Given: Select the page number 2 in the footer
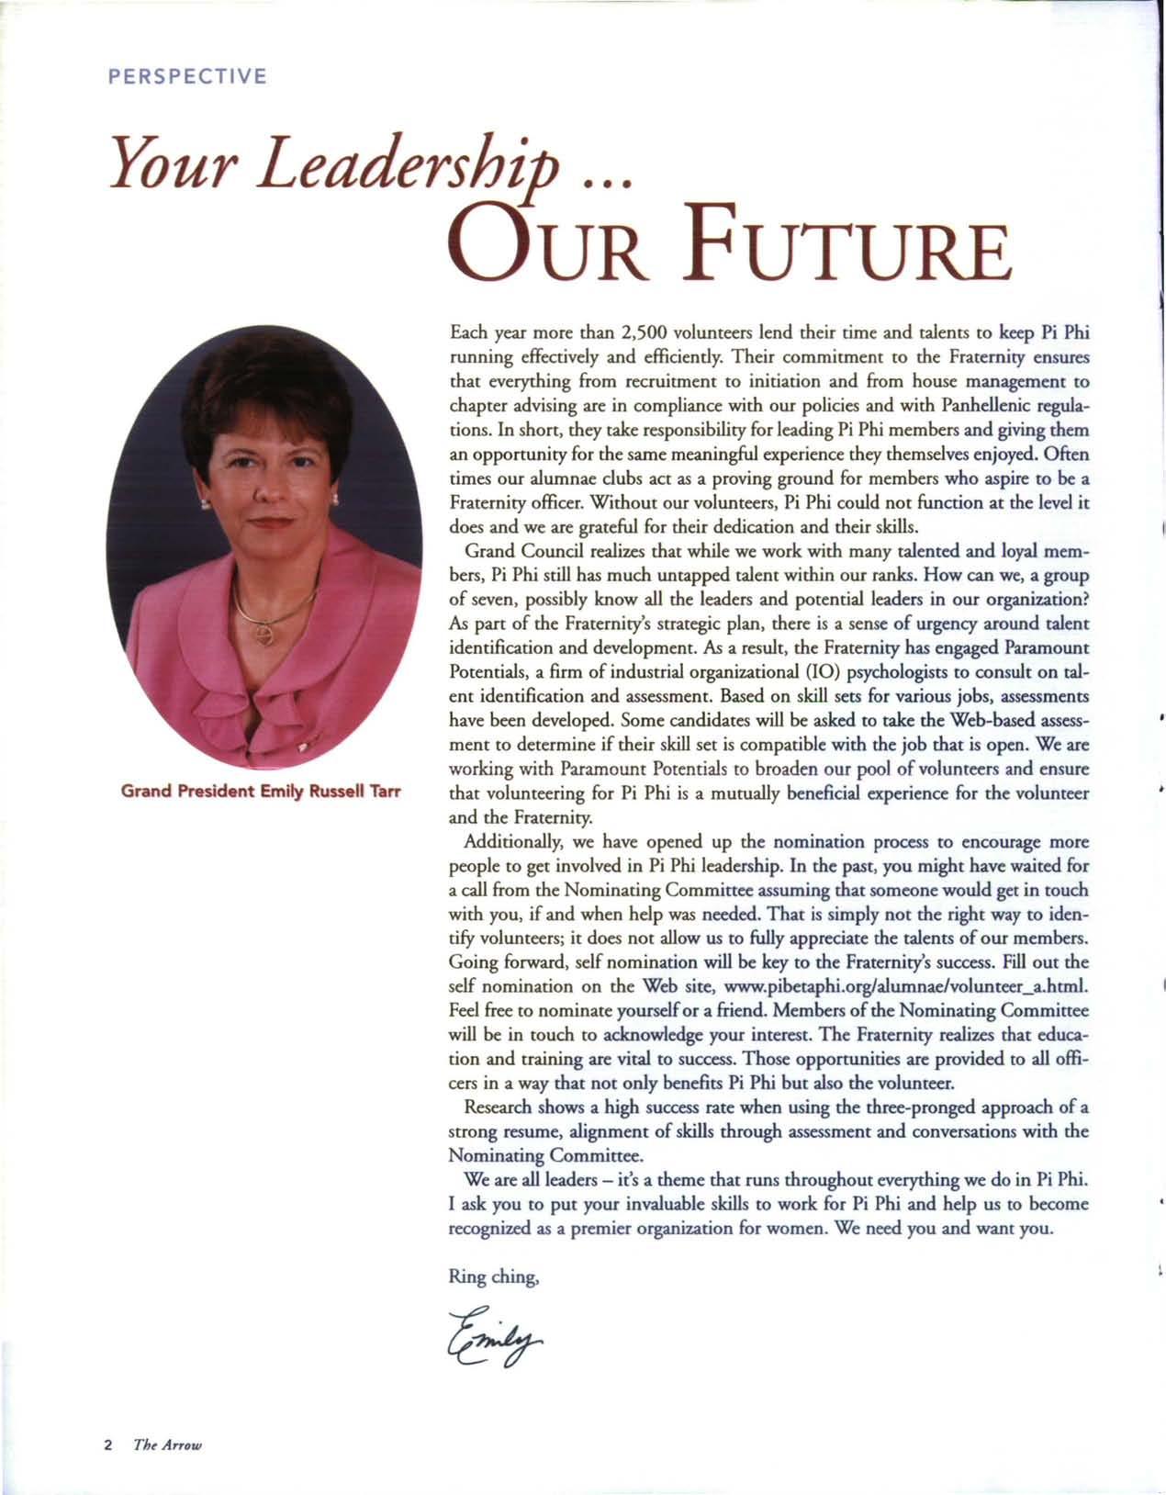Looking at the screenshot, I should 107,1444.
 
